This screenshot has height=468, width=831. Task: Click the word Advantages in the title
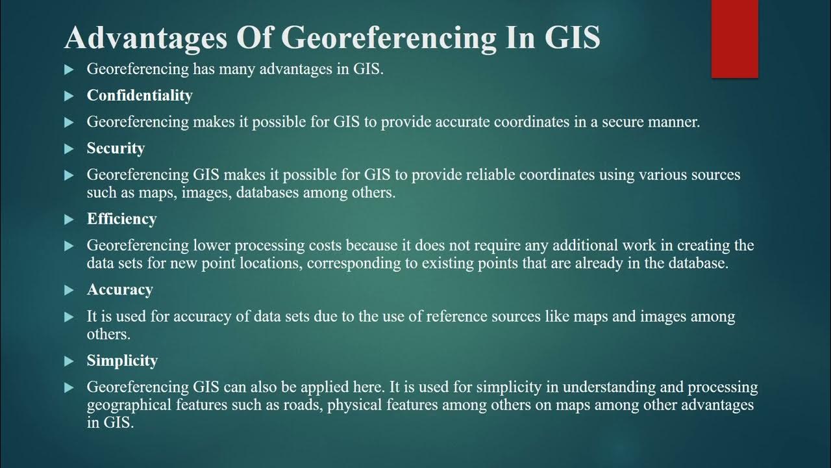coord(145,38)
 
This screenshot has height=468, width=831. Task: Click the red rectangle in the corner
coord(734,38)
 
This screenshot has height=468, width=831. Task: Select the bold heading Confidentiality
coord(140,96)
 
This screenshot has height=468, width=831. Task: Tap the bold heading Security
coord(116,148)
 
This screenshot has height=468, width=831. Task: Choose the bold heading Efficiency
coord(121,219)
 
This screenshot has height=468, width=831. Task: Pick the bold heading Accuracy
coord(119,290)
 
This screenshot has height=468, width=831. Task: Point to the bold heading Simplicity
coord(122,361)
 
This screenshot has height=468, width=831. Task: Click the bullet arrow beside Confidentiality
coord(69,96)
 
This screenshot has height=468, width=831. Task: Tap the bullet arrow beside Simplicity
coord(69,361)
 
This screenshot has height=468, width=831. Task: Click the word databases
coord(251,193)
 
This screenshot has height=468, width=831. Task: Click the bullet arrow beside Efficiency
coord(69,220)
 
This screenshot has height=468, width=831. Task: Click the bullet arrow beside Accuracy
coord(69,291)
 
